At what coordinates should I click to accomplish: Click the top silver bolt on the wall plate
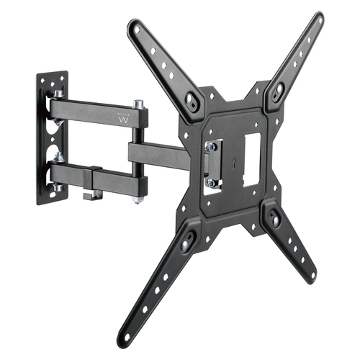pyautogui.click(x=58, y=94)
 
